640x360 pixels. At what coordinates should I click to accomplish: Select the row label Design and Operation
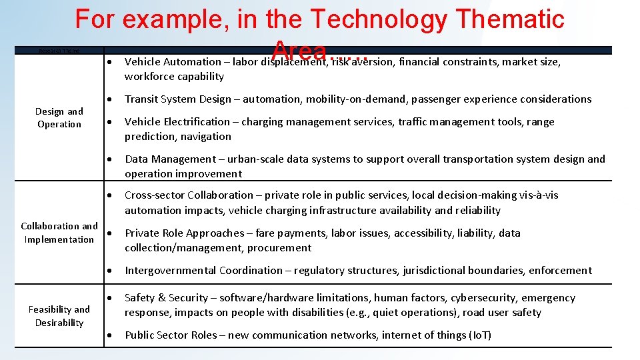pos(59,118)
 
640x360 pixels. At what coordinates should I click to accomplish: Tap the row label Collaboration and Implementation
pos(59,233)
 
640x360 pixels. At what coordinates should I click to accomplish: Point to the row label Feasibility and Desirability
pos(59,316)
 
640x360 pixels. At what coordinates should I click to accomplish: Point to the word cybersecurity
pos(483,298)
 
